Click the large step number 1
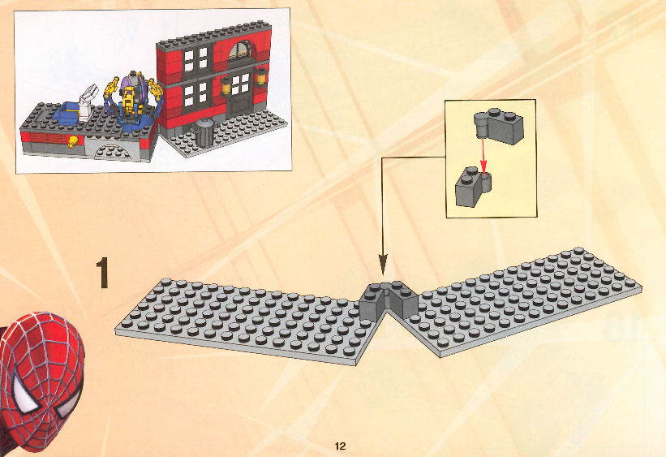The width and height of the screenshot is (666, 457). point(102,273)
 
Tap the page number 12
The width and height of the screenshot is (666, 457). point(340,446)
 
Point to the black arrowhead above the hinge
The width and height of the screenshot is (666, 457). point(383,265)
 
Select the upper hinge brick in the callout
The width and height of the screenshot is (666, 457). point(500,127)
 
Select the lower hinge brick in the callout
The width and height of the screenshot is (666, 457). point(473,188)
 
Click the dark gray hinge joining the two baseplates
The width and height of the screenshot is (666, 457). point(389,300)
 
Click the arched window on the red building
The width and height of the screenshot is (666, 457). point(239,50)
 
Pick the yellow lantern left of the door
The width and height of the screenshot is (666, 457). point(226,85)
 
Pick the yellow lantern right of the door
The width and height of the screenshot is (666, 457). point(260,76)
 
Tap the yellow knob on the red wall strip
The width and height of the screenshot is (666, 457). point(74,140)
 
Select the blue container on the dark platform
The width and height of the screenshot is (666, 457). point(69,113)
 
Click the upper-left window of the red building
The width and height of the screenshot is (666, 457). point(196,58)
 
